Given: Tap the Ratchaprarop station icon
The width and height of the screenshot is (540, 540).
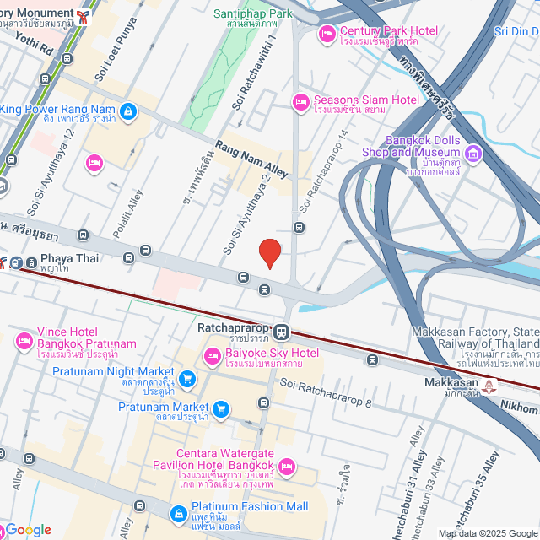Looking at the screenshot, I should pyautogui.click(x=282, y=332).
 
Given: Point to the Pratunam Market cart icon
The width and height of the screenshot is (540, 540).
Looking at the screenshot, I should pyautogui.click(x=221, y=409).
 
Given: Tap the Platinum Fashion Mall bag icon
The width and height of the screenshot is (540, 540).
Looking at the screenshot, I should pyautogui.click(x=178, y=512).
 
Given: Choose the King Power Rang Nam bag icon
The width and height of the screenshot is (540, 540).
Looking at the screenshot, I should pyautogui.click(x=127, y=111).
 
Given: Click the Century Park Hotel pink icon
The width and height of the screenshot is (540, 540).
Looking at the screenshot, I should pyautogui.click(x=327, y=34).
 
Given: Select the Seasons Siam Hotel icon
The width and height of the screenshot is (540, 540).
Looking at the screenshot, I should pyautogui.click(x=300, y=103).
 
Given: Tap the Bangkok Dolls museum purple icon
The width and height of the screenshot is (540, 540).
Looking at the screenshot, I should pyautogui.click(x=472, y=152).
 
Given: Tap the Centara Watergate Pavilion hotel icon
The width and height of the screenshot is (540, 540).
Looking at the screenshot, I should pyautogui.click(x=287, y=466).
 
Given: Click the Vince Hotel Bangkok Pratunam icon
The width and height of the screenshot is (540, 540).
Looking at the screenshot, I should pyautogui.click(x=23, y=340).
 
